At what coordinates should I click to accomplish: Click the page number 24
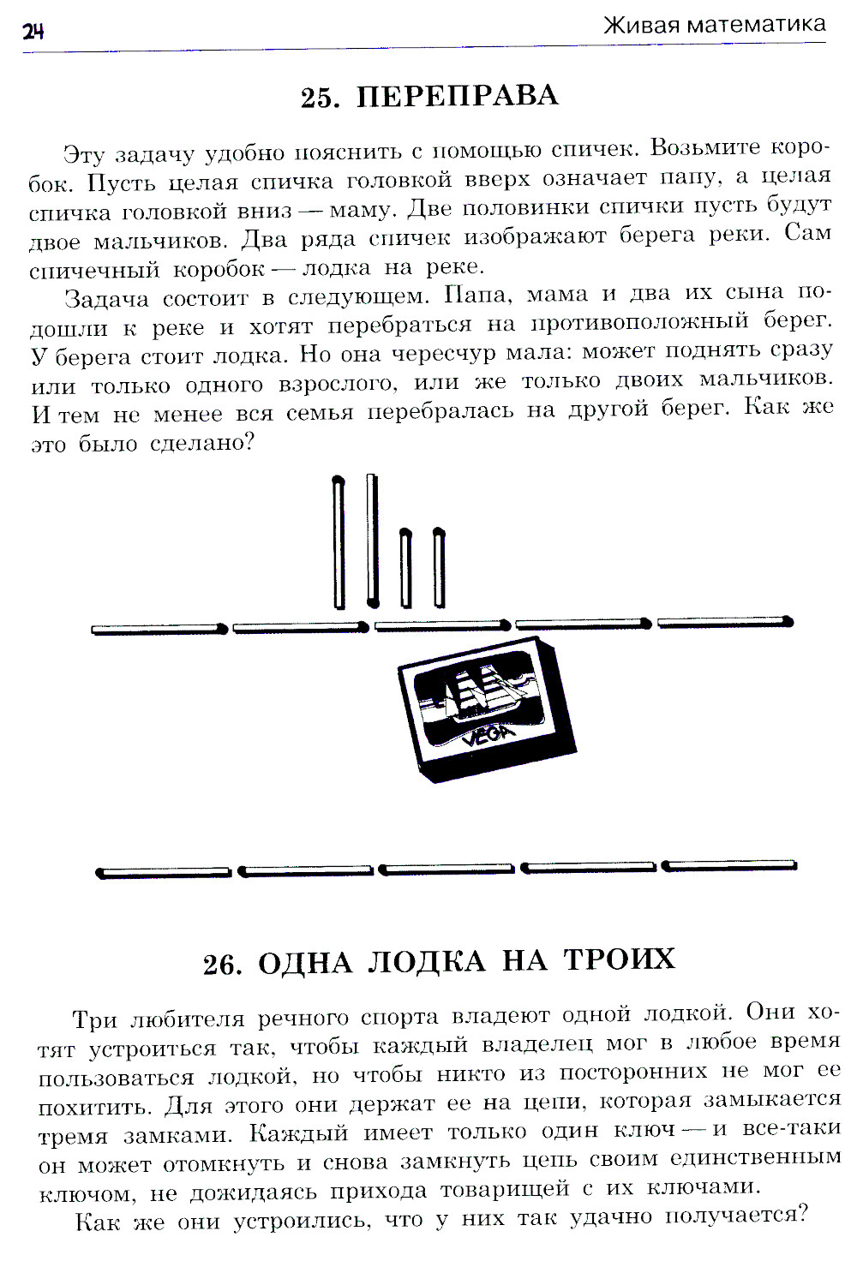point(33,32)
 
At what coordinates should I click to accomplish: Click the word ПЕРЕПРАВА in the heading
point(457,96)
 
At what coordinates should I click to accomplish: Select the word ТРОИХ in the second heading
point(620,959)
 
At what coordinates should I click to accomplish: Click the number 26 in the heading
point(223,965)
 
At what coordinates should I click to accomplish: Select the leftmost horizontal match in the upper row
point(159,630)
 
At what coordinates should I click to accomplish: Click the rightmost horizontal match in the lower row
point(730,865)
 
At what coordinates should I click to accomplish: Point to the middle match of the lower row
point(446,870)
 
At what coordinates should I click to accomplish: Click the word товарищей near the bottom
point(504,1189)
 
